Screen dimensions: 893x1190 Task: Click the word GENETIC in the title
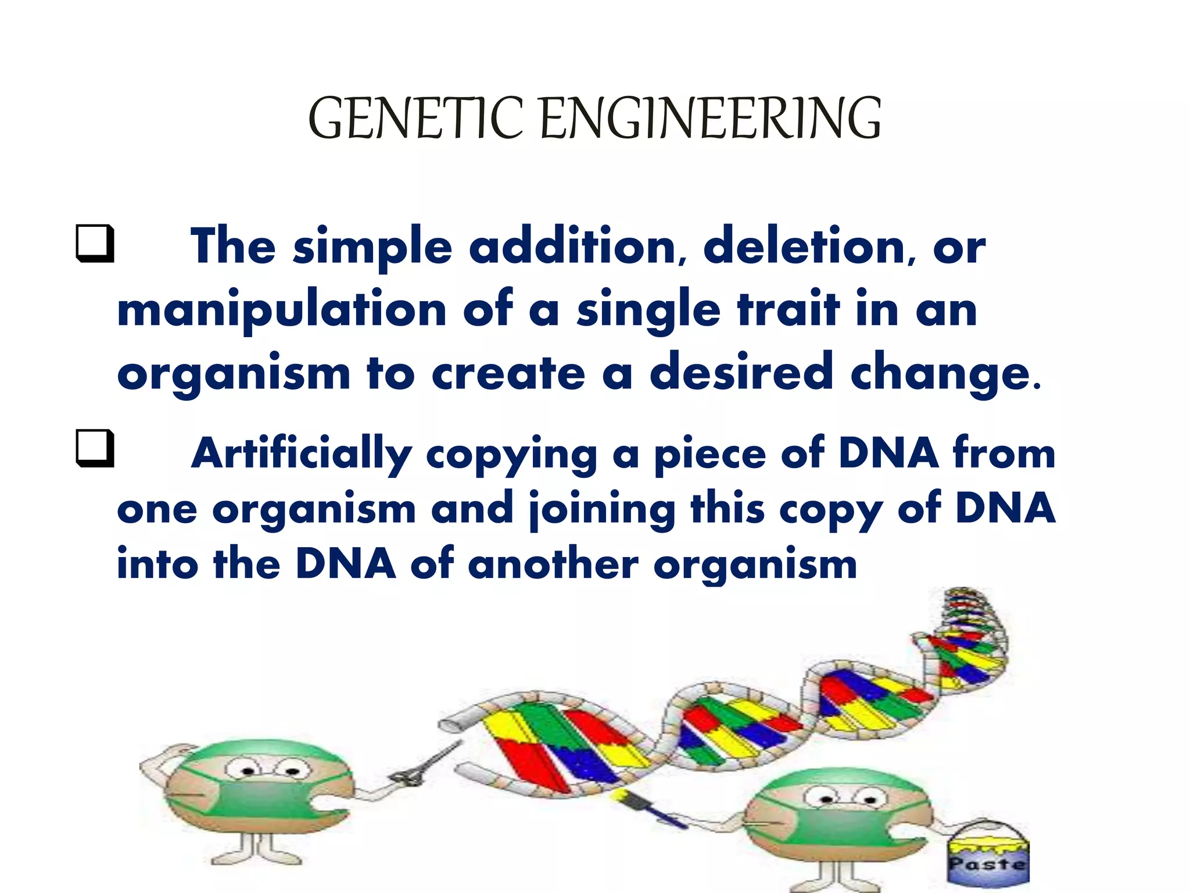(x=415, y=119)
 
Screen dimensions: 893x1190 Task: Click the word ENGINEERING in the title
(x=711, y=119)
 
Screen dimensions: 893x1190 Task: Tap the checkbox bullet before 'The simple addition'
(x=94, y=244)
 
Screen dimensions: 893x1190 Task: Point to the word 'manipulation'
(x=282, y=311)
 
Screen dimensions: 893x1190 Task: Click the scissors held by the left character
(x=418, y=767)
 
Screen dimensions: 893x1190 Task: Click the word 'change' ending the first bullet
(x=941, y=374)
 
